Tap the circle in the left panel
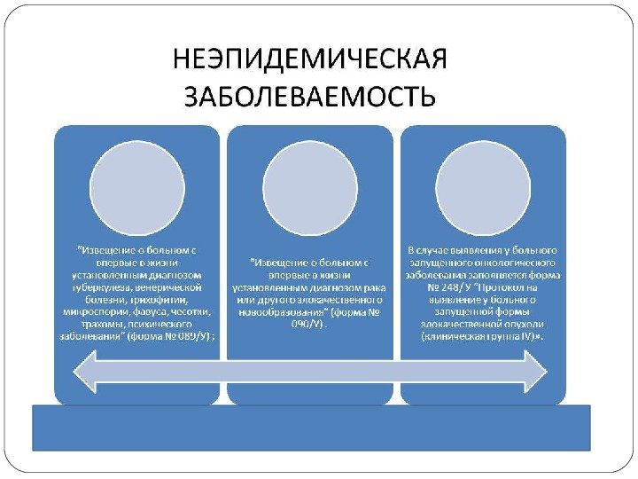(x=136, y=178)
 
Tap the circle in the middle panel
(x=309, y=178)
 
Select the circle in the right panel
(x=483, y=178)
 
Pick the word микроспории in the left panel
(x=96, y=311)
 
